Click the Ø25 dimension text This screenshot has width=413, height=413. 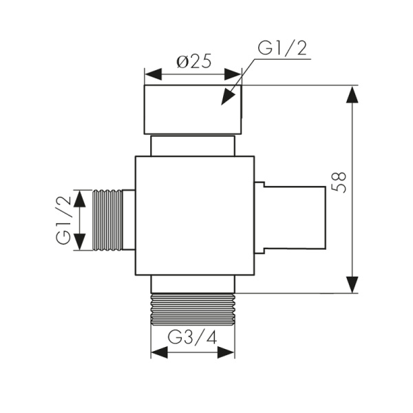point(193,62)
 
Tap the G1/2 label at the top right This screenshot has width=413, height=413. point(281,50)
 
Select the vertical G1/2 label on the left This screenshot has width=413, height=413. point(63,220)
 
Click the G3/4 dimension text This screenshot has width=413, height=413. point(193,338)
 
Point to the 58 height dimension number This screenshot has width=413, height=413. point(339,180)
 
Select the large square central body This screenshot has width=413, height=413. point(195,215)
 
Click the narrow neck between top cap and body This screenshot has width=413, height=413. point(193,145)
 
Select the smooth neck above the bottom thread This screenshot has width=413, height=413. point(193,284)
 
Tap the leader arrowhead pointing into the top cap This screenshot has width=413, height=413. point(228,97)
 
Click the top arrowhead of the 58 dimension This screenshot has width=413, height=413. point(352,94)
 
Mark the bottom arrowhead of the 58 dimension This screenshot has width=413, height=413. point(352,284)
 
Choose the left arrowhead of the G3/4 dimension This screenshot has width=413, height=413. point(160,352)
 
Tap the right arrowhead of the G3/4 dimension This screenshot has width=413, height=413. point(226,352)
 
